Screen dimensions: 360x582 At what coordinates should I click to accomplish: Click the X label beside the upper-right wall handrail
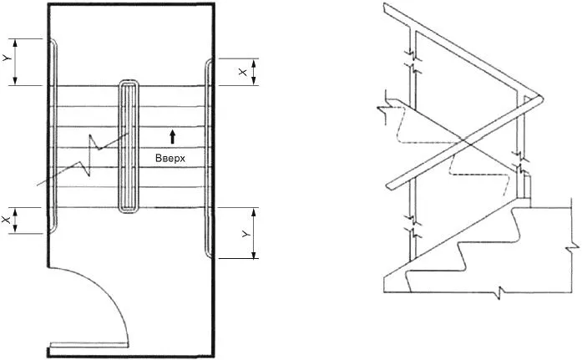tap(243, 73)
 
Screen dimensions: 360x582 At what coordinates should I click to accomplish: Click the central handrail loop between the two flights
tap(129, 147)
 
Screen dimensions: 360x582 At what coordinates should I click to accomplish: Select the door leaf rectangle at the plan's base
tap(89, 345)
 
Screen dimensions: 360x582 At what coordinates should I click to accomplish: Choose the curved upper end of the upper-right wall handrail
tap(208, 64)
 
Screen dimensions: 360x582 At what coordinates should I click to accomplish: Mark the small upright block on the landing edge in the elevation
tap(525, 184)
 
